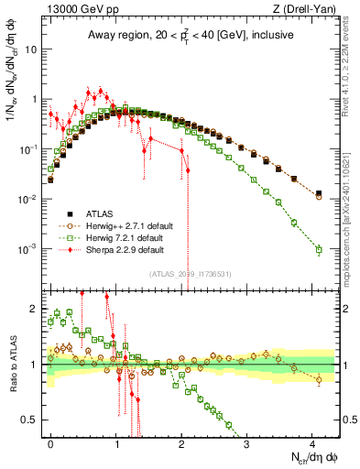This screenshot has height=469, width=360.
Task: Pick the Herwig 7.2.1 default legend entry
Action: pos(108,236)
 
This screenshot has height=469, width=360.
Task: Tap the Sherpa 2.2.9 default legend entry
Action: pos(108,248)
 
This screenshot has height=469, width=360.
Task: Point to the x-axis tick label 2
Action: pos(181,442)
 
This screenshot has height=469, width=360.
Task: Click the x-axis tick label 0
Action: pos(50,442)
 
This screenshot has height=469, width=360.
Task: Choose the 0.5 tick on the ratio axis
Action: pos(34,420)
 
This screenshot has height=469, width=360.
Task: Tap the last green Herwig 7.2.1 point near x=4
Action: pos(319,249)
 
